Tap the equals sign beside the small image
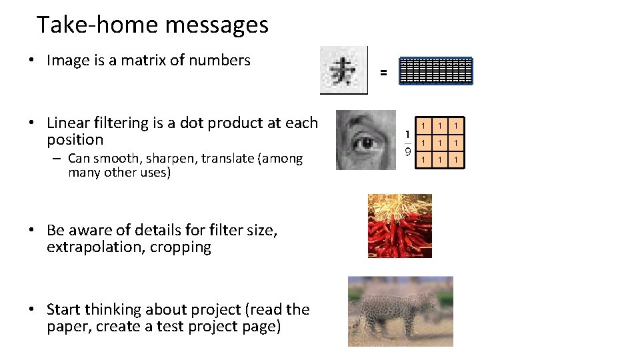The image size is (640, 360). tap(383, 72)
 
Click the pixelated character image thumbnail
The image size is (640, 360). tap(344, 70)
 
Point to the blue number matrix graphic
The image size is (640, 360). tap(435, 71)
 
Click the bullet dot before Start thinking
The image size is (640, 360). tap(32, 310)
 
